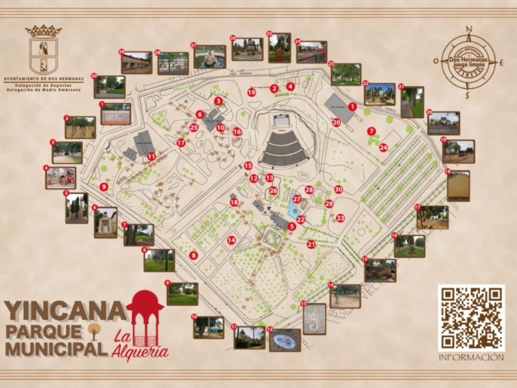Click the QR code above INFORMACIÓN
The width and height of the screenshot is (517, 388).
point(470,318)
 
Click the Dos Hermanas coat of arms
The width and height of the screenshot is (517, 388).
point(43,50)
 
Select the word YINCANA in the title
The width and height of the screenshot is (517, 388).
point(65,311)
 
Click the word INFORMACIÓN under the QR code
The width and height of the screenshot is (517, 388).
point(470,357)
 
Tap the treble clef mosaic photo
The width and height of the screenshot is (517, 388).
point(314,318)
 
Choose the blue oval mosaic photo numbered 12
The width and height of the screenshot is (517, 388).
point(285,339)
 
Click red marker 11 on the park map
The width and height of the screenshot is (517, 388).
point(151,156)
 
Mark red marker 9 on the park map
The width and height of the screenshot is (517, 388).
point(103,187)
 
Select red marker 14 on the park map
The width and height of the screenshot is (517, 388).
point(231,240)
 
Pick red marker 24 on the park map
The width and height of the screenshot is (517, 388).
point(383,147)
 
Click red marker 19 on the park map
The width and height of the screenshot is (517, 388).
point(251,92)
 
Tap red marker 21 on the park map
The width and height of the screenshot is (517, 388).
point(311,244)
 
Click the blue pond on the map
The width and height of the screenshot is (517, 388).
point(295,211)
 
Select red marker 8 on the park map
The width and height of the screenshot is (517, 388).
point(193,255)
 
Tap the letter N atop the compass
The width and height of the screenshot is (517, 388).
point(470,29)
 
